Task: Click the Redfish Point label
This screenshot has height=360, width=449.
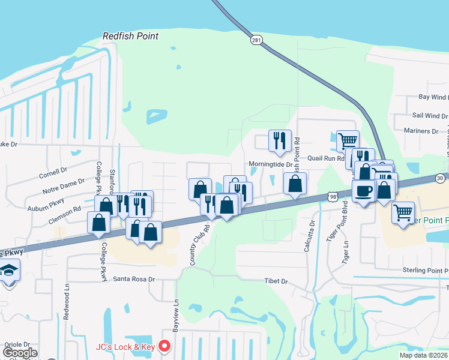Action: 130,36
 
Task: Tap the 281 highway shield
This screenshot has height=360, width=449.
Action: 257,40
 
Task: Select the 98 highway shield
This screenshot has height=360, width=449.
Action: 333,196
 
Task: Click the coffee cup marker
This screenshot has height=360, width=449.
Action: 363,192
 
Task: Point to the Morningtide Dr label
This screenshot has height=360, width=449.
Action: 270,164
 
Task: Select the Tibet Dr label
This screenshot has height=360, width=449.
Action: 276,281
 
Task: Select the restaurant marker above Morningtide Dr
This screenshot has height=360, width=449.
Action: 280,141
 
